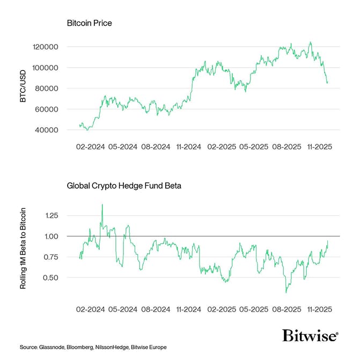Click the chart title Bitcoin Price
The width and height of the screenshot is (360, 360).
coord(89,24)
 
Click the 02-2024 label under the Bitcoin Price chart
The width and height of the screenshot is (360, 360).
coord(89,146)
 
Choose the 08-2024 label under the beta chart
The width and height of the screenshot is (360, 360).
coord(155,310)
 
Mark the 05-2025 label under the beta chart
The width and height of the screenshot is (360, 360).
coord(254,310)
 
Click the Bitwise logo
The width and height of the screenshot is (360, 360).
coord(310,336)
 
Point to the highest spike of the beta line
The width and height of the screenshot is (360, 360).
coord(102,204)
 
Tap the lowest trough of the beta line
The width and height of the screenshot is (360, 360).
coord(286,292)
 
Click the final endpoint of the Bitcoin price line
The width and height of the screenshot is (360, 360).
coord(328,83)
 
